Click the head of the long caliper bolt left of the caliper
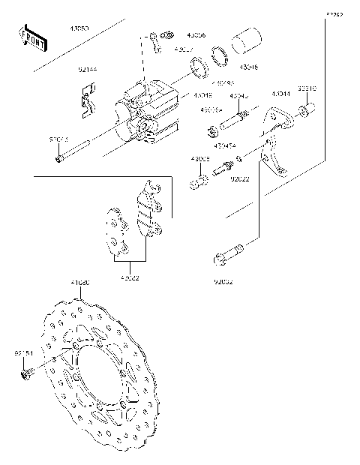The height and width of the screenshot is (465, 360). pyautogui.click(x=59, y=158)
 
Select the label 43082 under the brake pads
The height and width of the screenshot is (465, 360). pyautogui.click(x=130, y=278)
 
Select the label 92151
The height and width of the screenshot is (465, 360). pyautogui.click(x=24, y=351)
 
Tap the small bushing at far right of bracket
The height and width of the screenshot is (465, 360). pyautogui.click(x=306, y=113)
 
